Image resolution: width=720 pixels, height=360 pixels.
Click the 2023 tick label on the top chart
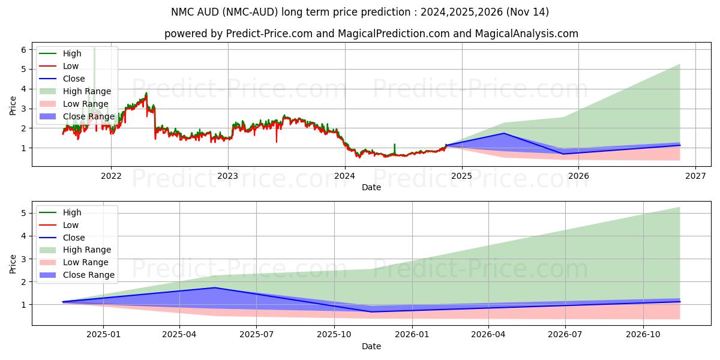click(x=227, y=176)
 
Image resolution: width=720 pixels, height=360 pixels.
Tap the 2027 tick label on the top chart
click(x=695, y=176)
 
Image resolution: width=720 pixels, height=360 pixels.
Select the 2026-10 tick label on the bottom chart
click(x=643, y=334)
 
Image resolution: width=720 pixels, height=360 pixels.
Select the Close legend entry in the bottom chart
click(x=74, y=238)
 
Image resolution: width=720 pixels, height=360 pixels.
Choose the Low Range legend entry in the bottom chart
click(x=85, y=263)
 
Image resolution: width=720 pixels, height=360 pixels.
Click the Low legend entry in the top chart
click(x=71, y=66)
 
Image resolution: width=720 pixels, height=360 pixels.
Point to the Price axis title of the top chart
click(x=13, y=105)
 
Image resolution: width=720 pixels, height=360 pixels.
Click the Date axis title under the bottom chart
click(x=371, y=346)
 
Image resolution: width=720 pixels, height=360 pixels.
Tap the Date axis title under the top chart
click(x=371, y=187)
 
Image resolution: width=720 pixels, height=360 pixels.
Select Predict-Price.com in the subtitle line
click(x=269, y=34)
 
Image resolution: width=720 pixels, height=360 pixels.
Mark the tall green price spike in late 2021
click(x=94, y=49)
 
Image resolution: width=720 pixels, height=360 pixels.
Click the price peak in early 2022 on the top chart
click(x=146, y=94)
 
